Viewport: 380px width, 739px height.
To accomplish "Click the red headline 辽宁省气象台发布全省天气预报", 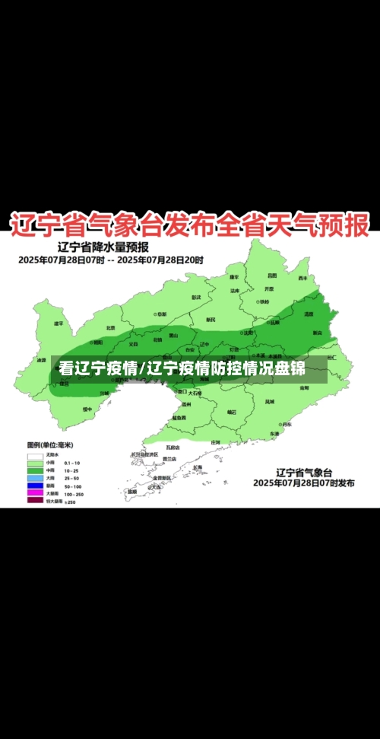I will click(x=189, y=225).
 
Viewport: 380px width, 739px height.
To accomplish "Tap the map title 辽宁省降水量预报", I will click(x=103, y=247).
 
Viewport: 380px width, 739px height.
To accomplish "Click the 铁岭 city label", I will click(x=263, y=301).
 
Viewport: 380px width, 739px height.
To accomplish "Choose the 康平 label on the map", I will click(x=236, y=277).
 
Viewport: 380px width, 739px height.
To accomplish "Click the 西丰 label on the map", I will click(x=302, y=279).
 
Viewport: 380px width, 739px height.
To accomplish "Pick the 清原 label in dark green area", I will click(x=309, y=314).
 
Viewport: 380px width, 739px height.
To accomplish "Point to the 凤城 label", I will click(x=270, y=401).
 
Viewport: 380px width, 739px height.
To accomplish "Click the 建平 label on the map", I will click(x=59, y=323).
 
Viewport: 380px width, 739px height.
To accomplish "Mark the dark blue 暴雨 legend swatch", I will click(x=35, y=486).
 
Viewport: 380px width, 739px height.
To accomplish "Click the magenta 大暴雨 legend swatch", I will click(x=35, y=493).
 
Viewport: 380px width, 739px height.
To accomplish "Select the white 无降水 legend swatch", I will click(x=35, y=455).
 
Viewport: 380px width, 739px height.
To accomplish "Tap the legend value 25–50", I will click(x=73, y=478).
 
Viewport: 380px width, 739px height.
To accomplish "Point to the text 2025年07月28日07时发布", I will click(x=302, y=483).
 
